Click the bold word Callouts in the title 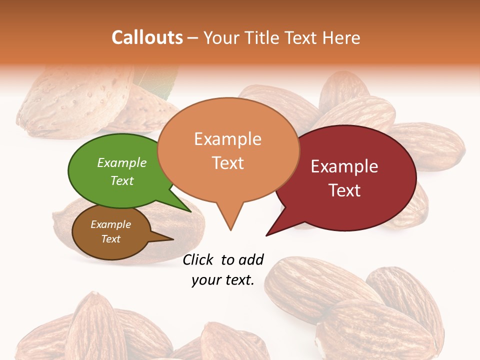pos(147,37)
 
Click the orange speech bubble pos(228,150)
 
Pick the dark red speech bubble pos(350,177)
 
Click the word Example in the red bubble pos(344,166)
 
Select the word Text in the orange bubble pos(228,163)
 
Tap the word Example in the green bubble pos(121,163)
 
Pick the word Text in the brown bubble pos(111,239)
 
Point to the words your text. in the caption pos(223,280)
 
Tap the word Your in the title pos(221,37)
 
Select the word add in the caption pos(250,259)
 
